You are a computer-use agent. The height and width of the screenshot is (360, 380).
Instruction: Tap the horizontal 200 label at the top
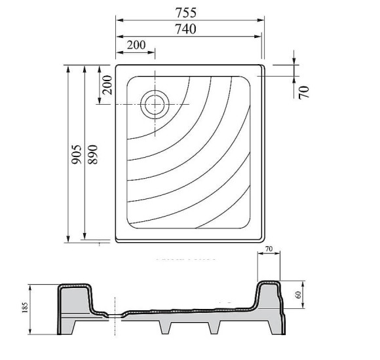tap(136, 45)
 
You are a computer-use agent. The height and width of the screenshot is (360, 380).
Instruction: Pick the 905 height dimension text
tap(76, 154)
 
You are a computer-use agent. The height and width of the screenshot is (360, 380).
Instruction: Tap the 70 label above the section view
tap(269, 249)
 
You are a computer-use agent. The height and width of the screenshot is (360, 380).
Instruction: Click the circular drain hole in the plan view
tap(155, 103)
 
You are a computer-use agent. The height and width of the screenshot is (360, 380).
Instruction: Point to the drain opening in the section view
tap(116, 315)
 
